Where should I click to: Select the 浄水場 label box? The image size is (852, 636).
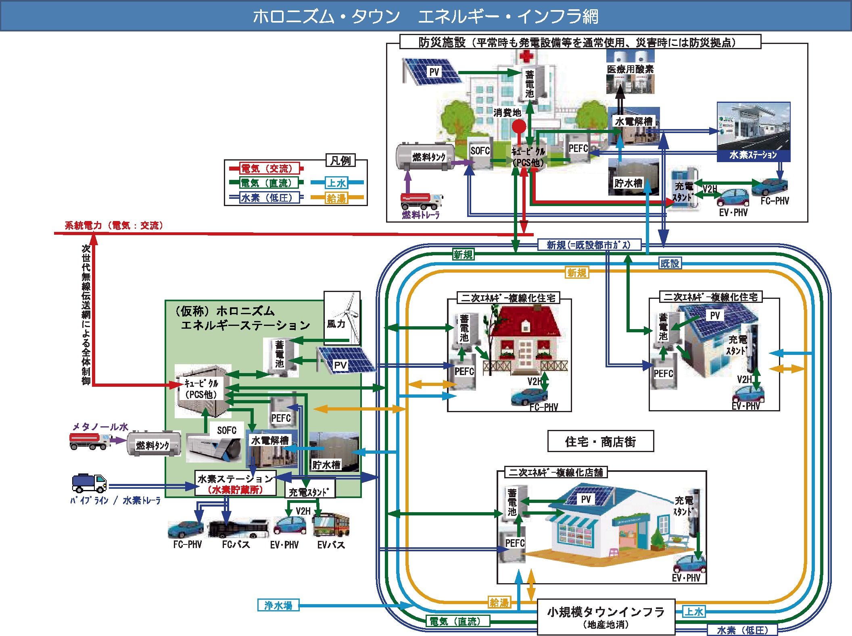[x=278, y=605]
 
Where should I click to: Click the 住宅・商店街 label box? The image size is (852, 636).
[x=600, y=442]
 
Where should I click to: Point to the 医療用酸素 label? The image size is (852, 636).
[x=630, y=69]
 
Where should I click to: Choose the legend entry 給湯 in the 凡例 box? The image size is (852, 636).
[x=336, y=198]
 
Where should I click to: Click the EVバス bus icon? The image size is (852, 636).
[x=331, y=525]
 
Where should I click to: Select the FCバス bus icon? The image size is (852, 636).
[x=239, y=528]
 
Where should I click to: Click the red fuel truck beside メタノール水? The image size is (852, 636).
[x=90, y=440]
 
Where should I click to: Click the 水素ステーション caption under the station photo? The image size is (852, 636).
[x=753, y=155]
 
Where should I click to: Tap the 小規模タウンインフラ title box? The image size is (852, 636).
[x=606, y=617]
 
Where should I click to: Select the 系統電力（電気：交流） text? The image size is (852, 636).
[x=114, y=225]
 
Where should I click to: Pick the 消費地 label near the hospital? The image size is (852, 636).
[x=507, y=113]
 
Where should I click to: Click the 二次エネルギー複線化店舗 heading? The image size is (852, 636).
[x=556, y=472]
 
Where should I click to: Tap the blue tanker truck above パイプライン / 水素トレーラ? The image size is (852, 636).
[x=89, y=483]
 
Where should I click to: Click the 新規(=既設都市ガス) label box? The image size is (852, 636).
[x=589, y=245]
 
